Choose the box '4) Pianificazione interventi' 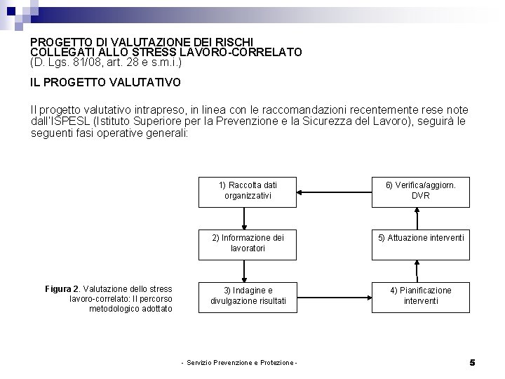coord(420,295)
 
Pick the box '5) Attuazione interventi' coord(420,239)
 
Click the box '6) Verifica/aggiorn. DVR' coord(420,190)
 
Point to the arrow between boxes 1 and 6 coord(333,190)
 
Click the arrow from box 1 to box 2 coord(243,218)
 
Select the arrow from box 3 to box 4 coord(333,295)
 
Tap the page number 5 coord(472,362)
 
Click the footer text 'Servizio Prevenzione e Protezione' coord(239,362)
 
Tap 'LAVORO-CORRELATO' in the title coord(245,51)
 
